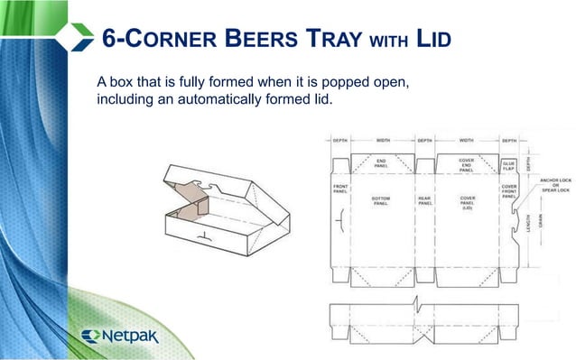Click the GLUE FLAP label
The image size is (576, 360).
[x=508, y=167]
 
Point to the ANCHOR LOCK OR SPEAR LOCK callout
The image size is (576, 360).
[x=554, y=185]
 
